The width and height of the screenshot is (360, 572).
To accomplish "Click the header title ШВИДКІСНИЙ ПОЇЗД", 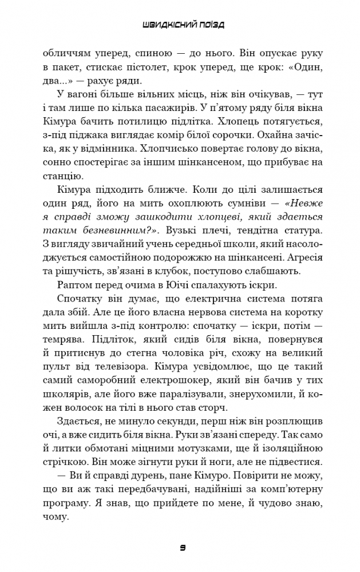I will (x=183, y=26).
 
